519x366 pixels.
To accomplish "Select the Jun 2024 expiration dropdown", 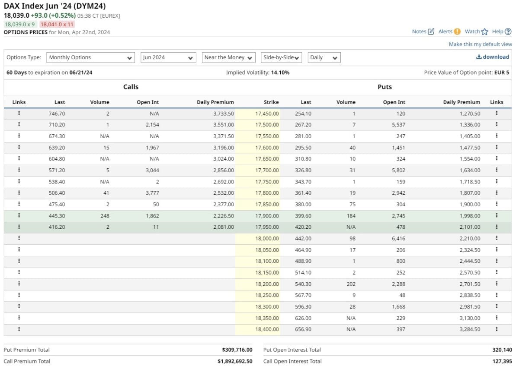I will (168, 57).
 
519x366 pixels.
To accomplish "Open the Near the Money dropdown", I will (229, 57).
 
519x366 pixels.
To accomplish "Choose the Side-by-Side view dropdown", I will (281, 57).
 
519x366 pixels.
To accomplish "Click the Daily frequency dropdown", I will (324, 57).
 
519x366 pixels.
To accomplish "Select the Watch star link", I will (476, 32).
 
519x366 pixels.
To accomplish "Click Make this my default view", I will (480, 44).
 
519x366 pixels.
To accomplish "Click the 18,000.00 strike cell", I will (267, 239).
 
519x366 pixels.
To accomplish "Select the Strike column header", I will (271, 102).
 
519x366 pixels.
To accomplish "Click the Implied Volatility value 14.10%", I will (280, 73).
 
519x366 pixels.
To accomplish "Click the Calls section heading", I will (131, 87).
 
